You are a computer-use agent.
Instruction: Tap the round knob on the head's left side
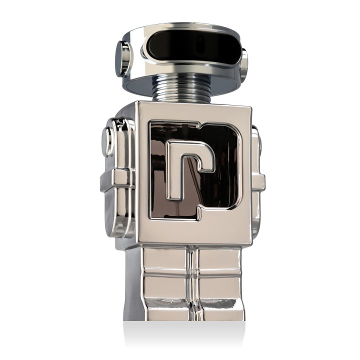coord(122,58)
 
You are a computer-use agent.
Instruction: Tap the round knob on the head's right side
coord(243,64)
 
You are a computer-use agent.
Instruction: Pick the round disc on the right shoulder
coord(256,141)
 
